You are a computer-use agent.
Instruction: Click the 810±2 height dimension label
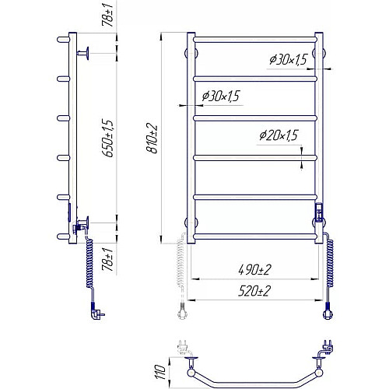152,138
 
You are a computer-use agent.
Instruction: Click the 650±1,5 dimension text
108,138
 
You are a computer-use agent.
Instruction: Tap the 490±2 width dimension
254,270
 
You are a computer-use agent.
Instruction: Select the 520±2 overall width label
254,291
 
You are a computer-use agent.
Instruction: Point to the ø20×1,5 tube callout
279,135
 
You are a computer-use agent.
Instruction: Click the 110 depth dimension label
160,372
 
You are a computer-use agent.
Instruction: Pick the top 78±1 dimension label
107,15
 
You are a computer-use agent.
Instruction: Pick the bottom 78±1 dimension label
107,259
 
